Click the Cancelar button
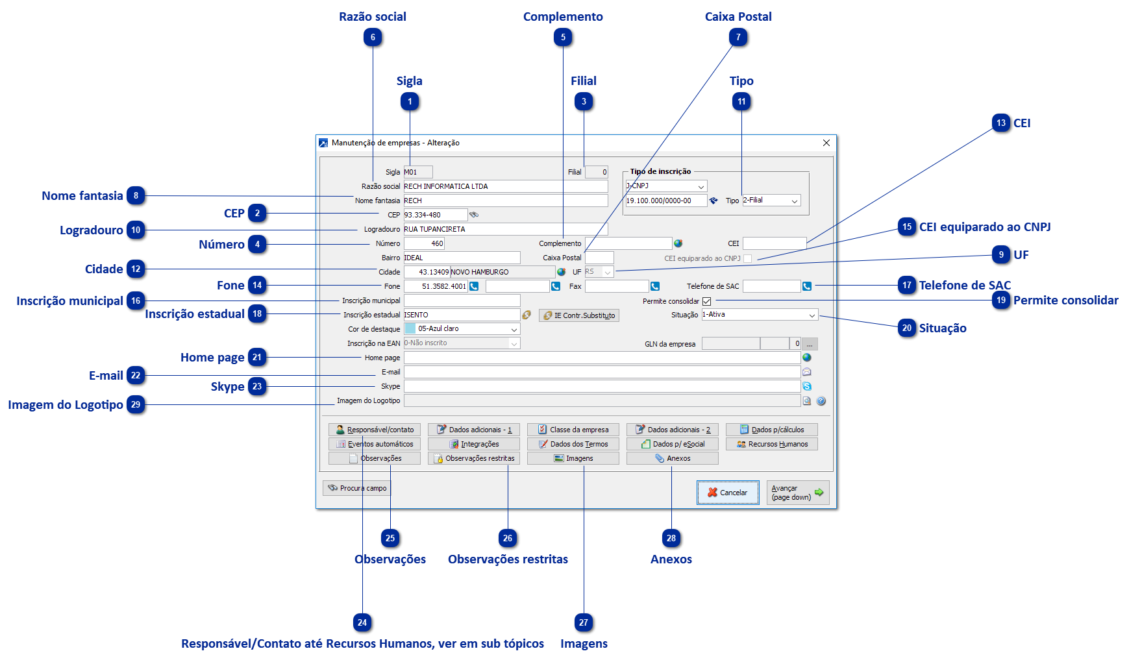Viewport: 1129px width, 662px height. (727, 493)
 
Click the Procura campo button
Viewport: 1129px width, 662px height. (357, 488)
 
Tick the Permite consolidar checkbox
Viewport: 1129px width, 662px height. (707, 301)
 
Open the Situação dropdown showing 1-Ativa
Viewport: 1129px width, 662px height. (760, 315)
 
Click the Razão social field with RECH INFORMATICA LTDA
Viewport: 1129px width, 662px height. (505, 186)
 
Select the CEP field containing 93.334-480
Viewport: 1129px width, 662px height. (435, 215)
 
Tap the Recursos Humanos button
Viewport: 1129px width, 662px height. (772, 444)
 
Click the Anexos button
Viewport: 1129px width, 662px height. (672, 458)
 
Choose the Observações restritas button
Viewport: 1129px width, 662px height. (474, 458)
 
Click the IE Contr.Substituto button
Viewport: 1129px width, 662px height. (578, 315)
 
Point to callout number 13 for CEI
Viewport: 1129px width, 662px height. (1001, 123)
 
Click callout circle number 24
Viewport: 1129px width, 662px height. (362, 622)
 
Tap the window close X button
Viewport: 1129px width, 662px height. (826, 143)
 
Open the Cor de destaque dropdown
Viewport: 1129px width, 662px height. (462, 329)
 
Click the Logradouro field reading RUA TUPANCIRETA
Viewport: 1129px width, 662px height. (505, 229)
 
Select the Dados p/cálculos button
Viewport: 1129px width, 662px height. (772, 430)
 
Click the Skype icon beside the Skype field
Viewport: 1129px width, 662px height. (807, 386)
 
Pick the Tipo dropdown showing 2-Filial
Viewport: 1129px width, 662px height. (771, 201)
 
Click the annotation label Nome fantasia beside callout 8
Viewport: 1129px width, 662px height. (82, 195)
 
